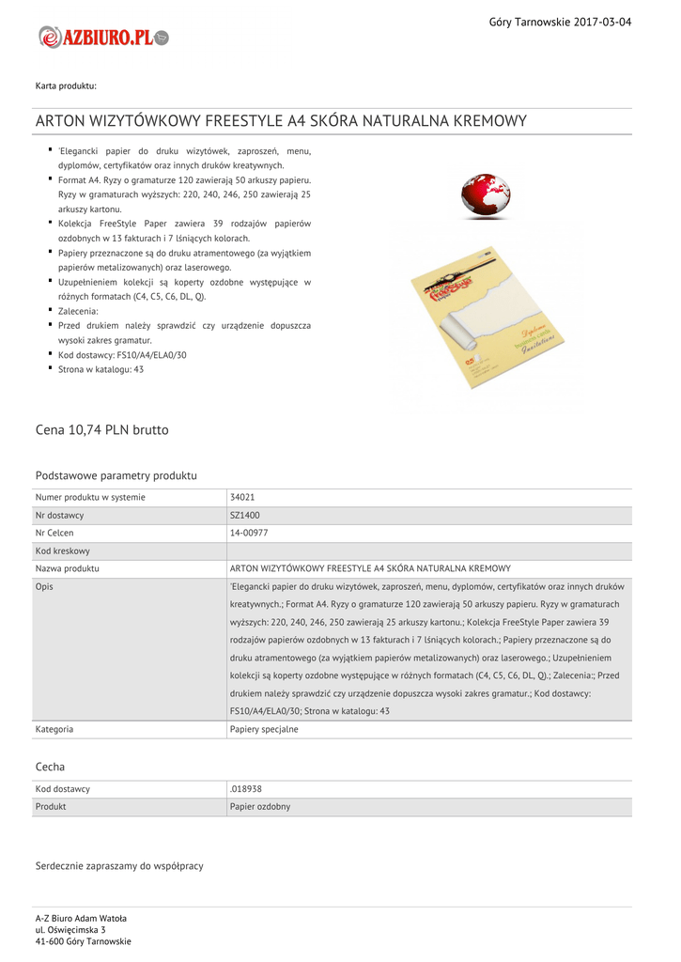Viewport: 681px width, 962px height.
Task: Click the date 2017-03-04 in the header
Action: coord(602,22)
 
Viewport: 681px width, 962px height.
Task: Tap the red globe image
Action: coord(486,195)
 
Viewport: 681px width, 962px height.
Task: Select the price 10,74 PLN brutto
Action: coord(102,429)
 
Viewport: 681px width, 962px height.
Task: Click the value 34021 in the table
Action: coord(242,497)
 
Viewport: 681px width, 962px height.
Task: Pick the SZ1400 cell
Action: coord(245,515)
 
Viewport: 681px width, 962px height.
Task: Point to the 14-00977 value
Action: coord(249,533)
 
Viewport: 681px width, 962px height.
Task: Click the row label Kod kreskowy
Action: coord(63,551)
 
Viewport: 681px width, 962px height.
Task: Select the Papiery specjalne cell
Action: coord(264,728)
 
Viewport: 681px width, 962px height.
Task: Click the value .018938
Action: coord(246,788)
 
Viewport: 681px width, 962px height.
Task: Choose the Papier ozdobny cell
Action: coord(260,806)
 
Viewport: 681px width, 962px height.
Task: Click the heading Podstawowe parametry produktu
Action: coord(116,475)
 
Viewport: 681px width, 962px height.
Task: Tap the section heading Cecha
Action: coord(50,767)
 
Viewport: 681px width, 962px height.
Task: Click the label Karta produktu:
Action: coord(66,86)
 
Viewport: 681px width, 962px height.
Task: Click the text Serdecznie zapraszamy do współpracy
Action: coord(119,865)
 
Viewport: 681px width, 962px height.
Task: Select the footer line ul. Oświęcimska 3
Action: coord(70,929)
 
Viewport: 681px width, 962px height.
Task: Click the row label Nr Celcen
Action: coord(54,533)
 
